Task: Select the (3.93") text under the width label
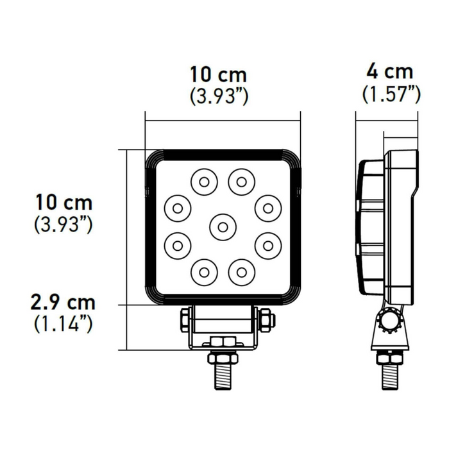point(219,96)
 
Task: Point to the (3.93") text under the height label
point(64,224)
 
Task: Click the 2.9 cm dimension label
point(64,302)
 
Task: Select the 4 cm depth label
point(391,71)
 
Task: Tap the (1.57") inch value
point(391,94)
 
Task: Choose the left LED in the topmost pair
point(203,182)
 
